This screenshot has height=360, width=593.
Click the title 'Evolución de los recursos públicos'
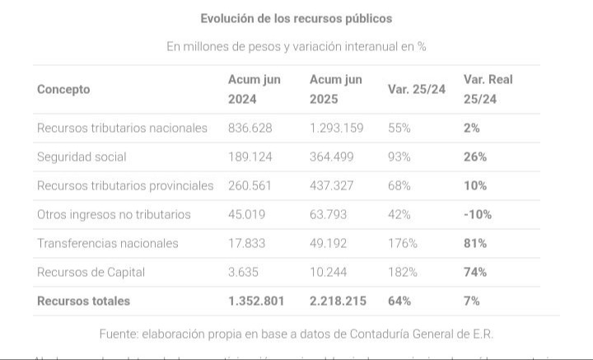(296, 18)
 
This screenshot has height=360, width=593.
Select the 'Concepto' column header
(63, 89)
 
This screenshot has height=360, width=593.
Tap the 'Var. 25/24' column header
(416, 89)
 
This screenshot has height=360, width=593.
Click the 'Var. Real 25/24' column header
(488, 89)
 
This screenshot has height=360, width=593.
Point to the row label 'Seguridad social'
(82, 157)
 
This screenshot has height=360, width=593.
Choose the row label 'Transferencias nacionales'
(107, 243)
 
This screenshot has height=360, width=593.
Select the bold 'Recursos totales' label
(83, 301)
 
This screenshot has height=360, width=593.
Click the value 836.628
(250, 128)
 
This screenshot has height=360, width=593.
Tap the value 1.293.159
(336, 128)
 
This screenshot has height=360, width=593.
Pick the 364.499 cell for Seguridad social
(332, 157)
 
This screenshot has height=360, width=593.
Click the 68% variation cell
(399, 185)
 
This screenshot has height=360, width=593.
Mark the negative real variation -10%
(477, 214)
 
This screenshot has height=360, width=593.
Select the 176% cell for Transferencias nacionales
(403, 243)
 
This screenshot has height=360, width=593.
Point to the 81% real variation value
(474, 243)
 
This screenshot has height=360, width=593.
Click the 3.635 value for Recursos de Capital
(244, 272)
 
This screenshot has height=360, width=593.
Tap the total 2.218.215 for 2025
(338, 301)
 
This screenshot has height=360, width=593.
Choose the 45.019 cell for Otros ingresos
(247, 214)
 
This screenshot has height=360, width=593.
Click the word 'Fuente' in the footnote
(118, 334)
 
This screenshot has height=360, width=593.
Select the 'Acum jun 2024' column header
(254, 89)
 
